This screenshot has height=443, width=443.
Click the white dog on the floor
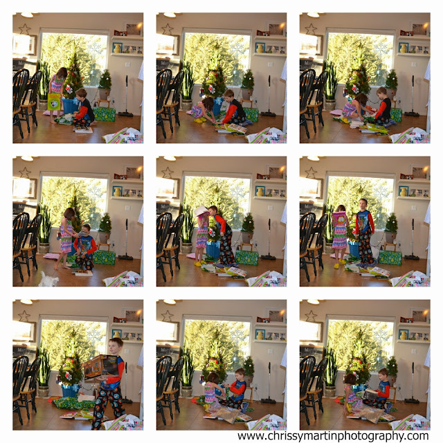pos(48,280)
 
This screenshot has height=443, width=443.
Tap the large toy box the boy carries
pos(100,367)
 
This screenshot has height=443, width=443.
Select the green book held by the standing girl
pos(54,102)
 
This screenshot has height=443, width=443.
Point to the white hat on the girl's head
pos(201,210)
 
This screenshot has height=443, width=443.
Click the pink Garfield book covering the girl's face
pos(339,219)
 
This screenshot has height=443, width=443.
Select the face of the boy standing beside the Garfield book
pos(363,205)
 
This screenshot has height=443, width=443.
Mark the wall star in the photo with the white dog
pos(25,172)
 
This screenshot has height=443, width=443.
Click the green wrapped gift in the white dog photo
pos(105,257)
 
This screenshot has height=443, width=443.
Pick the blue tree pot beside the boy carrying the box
pos(70,390)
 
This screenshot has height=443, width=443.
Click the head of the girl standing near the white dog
pos(69,214)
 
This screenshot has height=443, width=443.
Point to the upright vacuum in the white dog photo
pos(126,239)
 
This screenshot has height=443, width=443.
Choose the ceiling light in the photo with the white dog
pos(27,159)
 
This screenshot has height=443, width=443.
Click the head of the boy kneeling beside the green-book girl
pos(82,94)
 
